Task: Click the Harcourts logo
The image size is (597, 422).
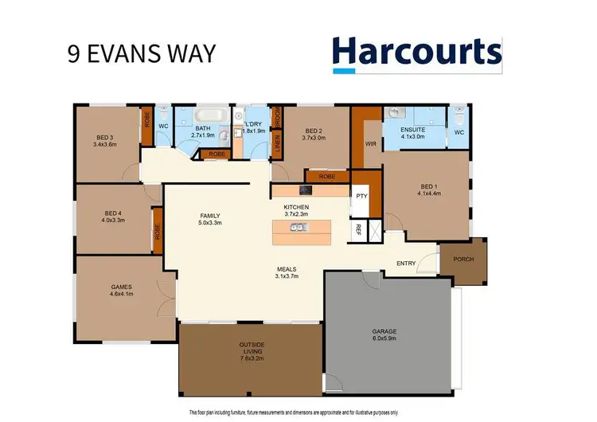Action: click(x=417, y=52)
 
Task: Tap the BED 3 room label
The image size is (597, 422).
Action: click(x=104, y=138)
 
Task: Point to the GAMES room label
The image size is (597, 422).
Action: click(x=121, y=287)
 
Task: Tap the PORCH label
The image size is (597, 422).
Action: click(x=464, y=260)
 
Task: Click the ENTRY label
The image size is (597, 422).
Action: click(x=407, y=264)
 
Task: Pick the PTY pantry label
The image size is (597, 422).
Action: click(x=361, y=195)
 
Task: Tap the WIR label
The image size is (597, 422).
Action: click(x=369, y=144)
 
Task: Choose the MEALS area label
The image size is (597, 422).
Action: click(x=287, y=270)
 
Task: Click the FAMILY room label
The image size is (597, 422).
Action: click(x=209, y=216)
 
